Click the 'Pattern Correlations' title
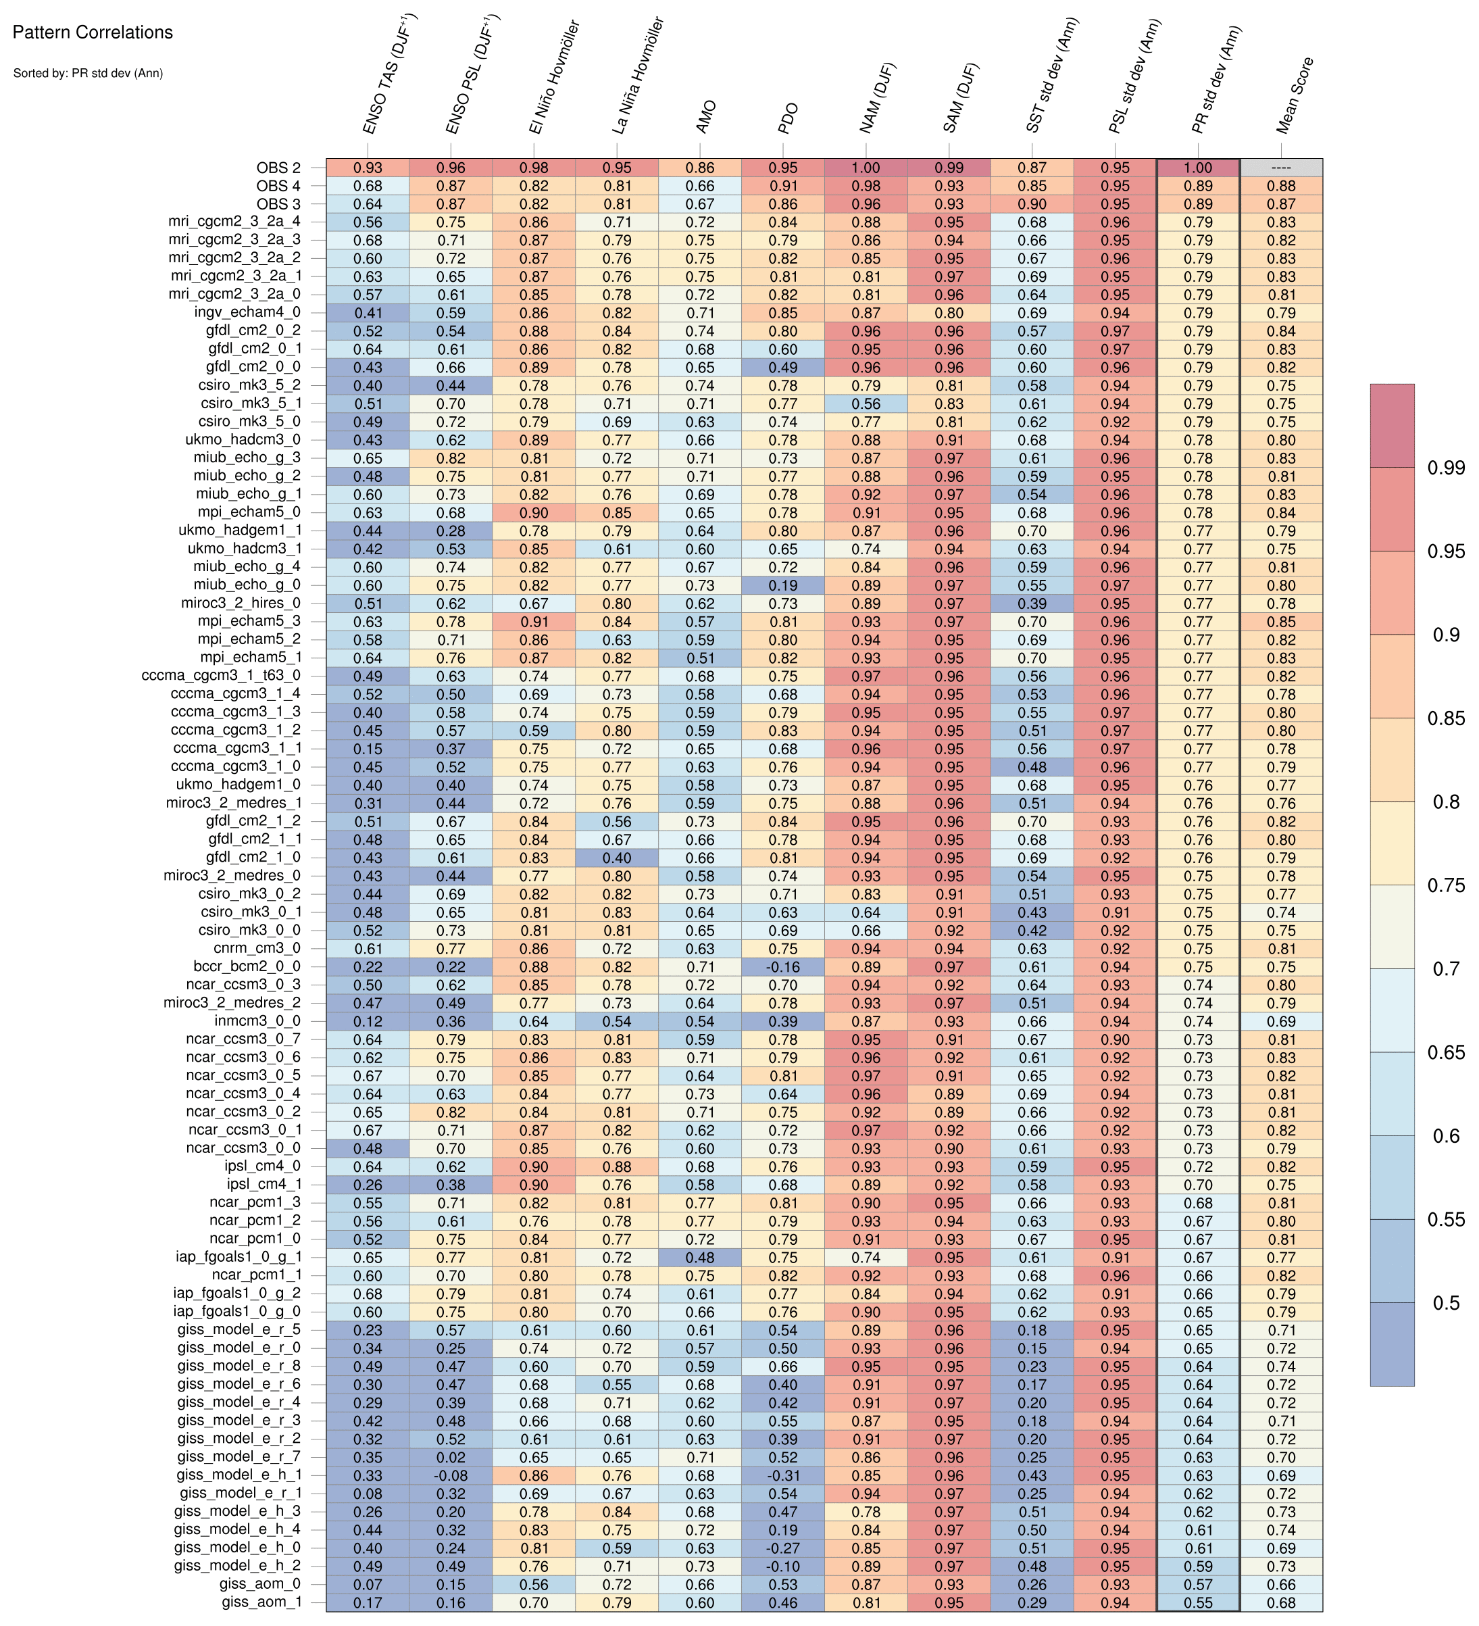coord(93,32)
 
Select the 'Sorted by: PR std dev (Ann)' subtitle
coord(88,74)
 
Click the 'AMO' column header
coord(705,117)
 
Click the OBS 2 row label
coord(278,168)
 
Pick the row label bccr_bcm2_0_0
coord(247,966)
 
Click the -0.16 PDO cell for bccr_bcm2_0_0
coord(783,966)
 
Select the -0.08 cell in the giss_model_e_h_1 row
coord(451,1475)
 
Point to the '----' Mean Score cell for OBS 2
coord(1280,168)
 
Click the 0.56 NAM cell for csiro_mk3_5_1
coord(866,403)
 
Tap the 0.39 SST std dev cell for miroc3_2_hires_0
coord(1032,603)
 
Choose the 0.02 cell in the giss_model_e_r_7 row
coord(451,1458)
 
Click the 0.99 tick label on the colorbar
coord(1446,468)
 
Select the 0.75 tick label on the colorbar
coord(1446,885)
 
